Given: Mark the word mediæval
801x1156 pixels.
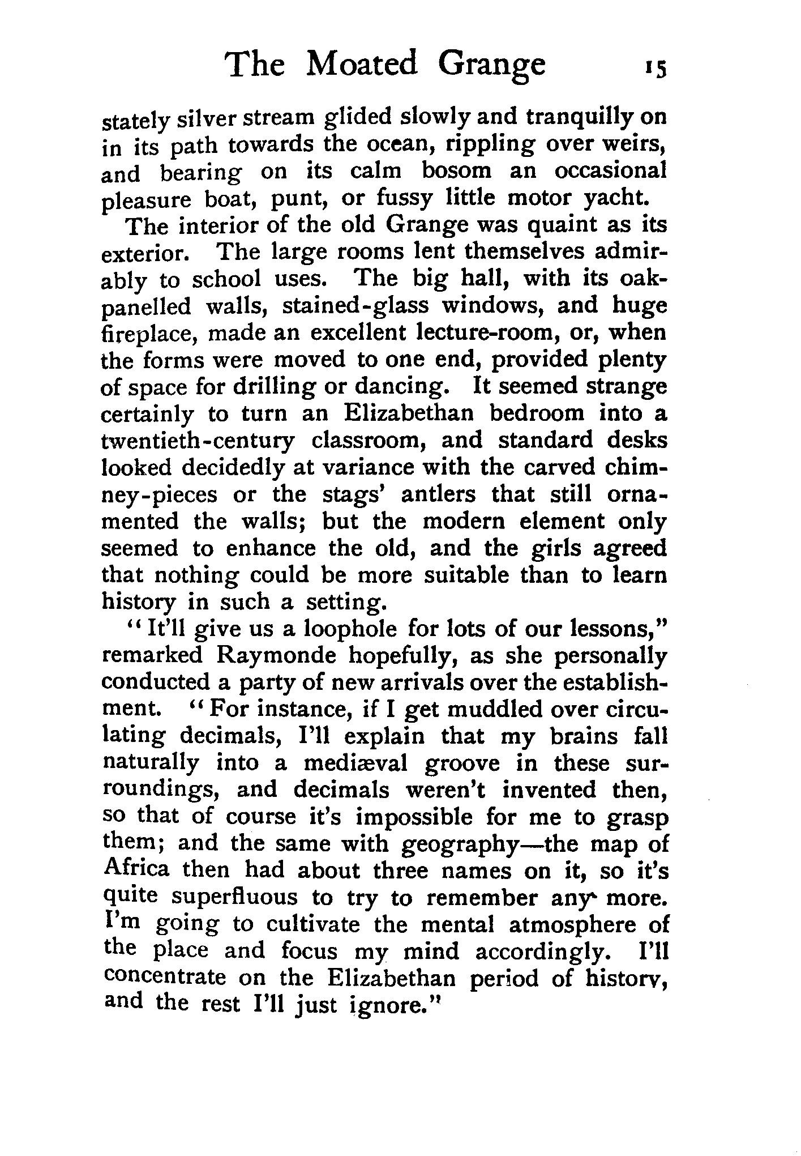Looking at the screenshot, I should coord(355,764).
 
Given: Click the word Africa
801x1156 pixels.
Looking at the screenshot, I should coord(136,869).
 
